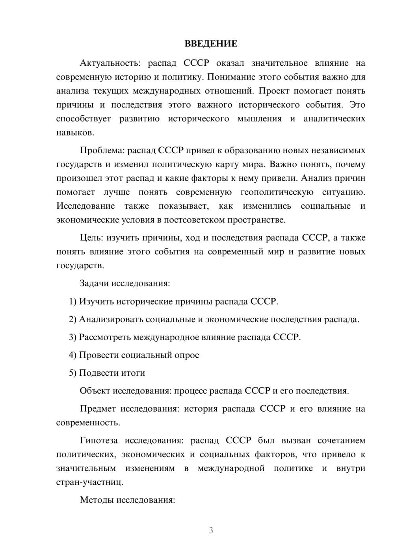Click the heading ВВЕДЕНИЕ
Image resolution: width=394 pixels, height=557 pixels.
211,44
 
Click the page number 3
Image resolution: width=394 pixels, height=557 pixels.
211,530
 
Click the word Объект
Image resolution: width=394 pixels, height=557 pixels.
95,391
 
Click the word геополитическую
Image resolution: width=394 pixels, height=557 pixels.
277,192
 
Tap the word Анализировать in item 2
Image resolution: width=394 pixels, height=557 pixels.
111,319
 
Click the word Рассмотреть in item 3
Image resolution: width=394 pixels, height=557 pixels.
105,337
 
